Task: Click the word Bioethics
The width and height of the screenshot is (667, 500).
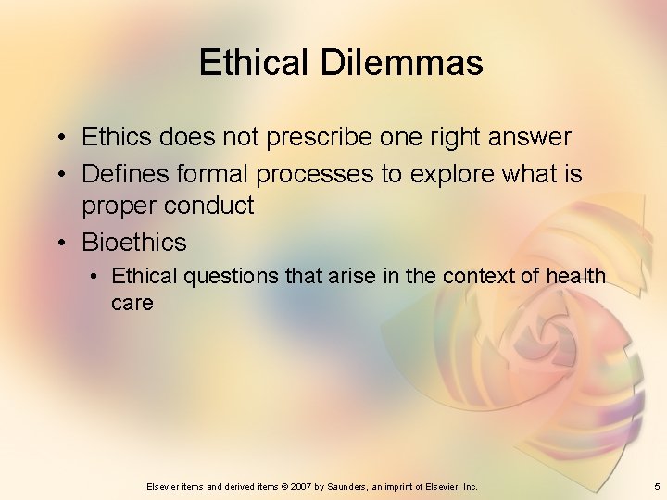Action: coord(134,243)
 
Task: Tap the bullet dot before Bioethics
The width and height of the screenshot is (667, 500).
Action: coord(58,243)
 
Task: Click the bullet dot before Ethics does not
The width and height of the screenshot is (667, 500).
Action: coord(58,138)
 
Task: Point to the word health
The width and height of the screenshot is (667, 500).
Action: coord(576,276)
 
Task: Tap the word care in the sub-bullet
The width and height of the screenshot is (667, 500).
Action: coord(132,303)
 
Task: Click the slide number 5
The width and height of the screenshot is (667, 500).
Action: coord(656,486)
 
